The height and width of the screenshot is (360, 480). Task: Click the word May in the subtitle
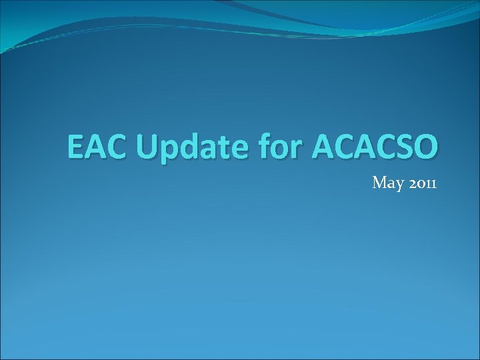(x=386, y=182)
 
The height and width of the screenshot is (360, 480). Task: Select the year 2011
(x=420, y=182)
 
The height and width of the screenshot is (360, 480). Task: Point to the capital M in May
(x=379, y=181)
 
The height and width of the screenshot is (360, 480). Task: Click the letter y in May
(x=397, y=184)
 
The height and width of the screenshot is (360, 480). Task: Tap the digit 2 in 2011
(x=409, y=182)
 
